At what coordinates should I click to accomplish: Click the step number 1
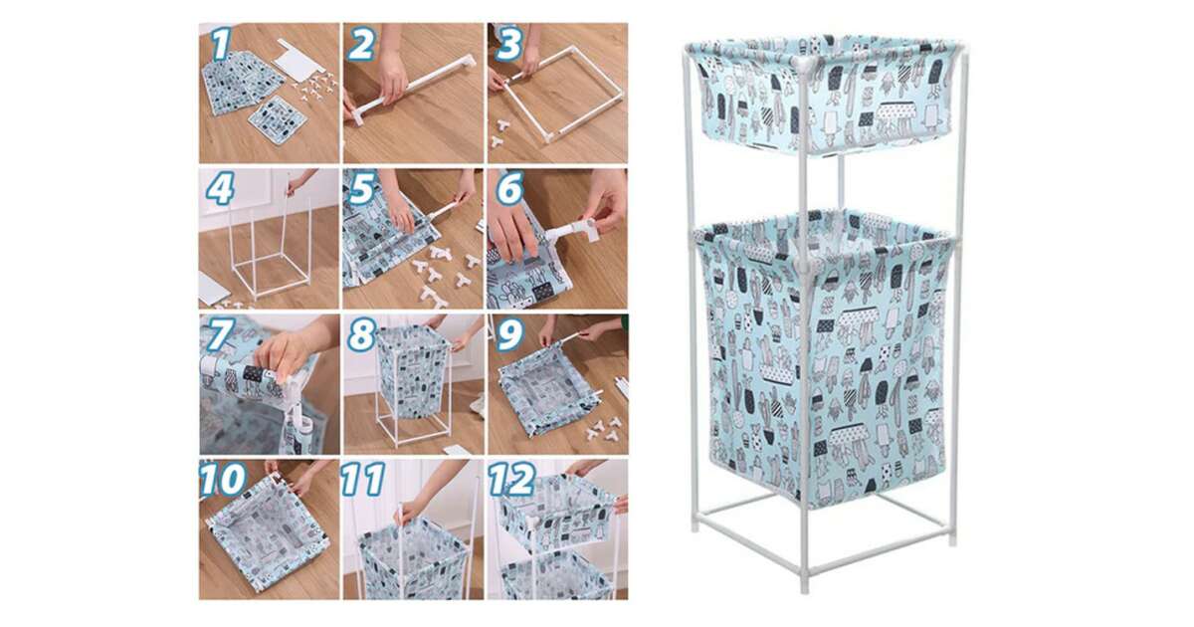tap(222, 44)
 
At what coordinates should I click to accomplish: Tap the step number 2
tap(361, 44)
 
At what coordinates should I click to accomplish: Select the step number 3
tap(508, 44)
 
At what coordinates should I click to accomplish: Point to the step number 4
tap(220, 189)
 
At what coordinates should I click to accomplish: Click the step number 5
tap(362, 189)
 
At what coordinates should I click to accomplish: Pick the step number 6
tap(509, 189)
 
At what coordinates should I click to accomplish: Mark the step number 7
tap(220, 334)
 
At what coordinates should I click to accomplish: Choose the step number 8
tap(362, 334)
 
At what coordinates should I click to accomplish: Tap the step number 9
tap(509, 334)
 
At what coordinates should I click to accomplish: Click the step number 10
tap(223, 479)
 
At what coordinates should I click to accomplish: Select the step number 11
tap(363, 479)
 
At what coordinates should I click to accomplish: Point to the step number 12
tap(511, 479)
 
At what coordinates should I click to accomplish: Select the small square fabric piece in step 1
tap(278, 119)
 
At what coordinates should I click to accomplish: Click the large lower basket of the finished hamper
tap(824, 357)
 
